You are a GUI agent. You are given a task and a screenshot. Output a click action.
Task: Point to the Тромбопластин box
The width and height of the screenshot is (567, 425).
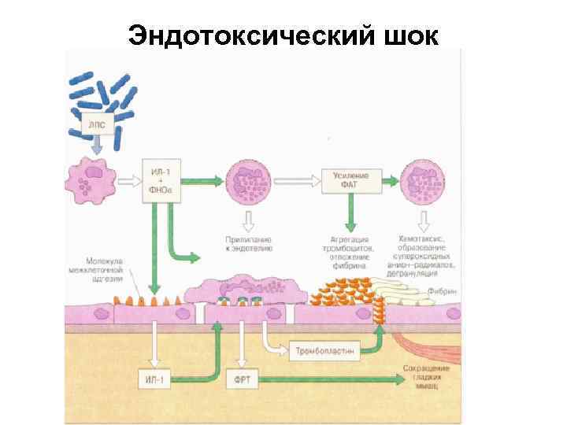click(x=324, y=347)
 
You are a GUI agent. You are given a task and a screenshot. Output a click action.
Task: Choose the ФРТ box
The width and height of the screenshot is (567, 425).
click(x=240, y=379)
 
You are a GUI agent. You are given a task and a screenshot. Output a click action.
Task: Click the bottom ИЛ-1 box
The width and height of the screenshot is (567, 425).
click(x=155, y=379)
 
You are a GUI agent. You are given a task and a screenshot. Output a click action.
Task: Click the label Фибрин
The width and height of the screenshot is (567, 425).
click(x=443, y=290)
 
